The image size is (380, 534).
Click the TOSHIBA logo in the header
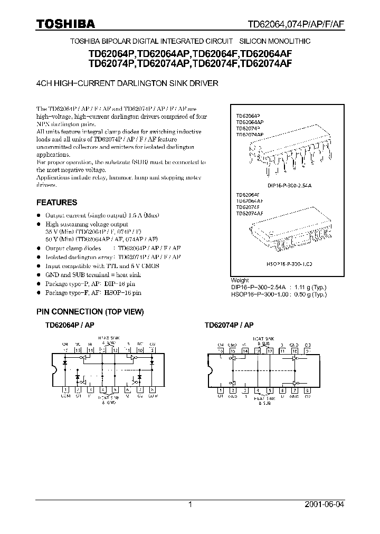tap(65, 24)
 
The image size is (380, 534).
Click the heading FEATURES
tap(56, 202)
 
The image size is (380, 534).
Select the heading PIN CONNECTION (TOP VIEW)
tap(90, 312)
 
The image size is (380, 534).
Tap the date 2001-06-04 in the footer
tap(324, 504)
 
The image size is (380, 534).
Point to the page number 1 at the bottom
tap(191, 504)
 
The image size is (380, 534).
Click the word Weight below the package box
tap(240, 280)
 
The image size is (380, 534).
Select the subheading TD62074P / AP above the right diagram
tap(229, 326)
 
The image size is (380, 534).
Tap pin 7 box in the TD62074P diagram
tap(294, 390)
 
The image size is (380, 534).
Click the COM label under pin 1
tap(65, 395)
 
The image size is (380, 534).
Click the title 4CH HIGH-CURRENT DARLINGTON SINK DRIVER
tap(127, 83)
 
